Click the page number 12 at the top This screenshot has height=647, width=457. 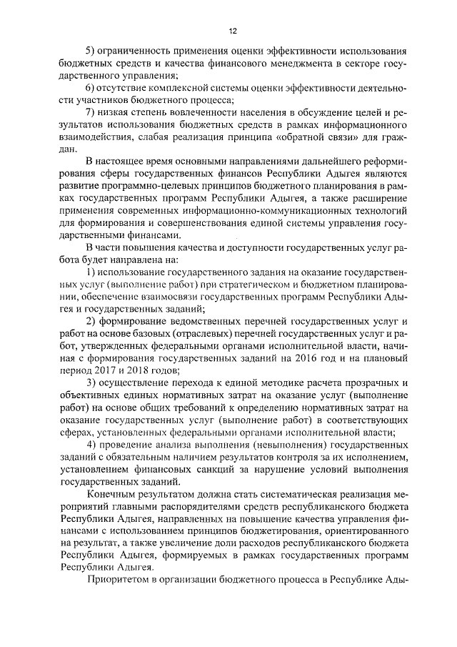232,31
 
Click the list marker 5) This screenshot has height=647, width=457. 90,52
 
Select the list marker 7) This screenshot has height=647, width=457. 90,113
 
